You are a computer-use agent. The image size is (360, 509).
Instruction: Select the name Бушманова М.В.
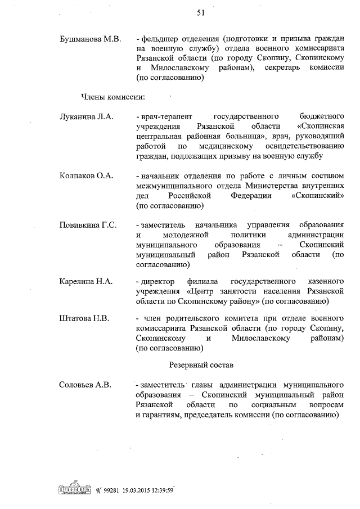[89, 40]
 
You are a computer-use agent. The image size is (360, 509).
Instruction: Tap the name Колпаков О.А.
[87, 176]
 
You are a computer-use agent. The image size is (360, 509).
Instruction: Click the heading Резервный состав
[201, 366]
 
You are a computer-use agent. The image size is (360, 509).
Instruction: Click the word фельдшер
[160, 40]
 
